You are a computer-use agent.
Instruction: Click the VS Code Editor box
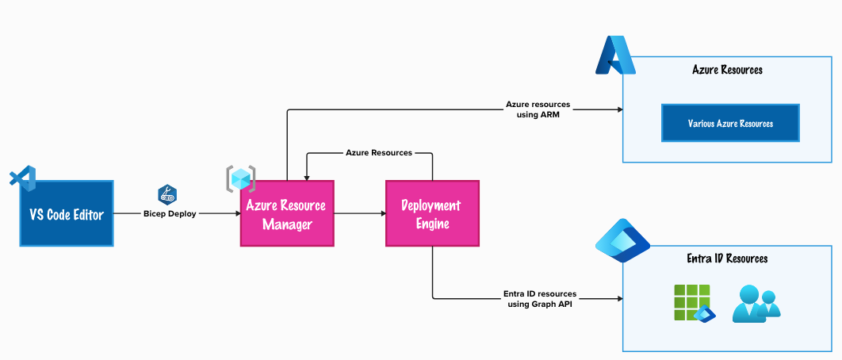point(67,213)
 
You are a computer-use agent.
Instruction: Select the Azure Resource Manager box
point(286,213)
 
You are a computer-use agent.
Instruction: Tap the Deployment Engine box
point(432,213)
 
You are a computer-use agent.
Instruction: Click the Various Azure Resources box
point(730,124)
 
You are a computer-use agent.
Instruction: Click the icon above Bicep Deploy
point(167,193)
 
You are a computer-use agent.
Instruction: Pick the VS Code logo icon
point(23,178)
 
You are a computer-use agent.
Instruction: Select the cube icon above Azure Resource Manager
point(241,178)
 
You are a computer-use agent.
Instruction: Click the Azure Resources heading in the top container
point(727,70)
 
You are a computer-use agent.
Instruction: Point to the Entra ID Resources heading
point(727,259)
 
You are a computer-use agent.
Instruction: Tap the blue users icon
point(755,304)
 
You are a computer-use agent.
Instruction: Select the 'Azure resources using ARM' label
point(538,109)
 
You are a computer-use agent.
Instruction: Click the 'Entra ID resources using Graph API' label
point(539,298)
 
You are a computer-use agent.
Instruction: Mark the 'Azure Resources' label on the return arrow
point(378,152)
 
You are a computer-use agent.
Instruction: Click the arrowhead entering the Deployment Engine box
point(381,213)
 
